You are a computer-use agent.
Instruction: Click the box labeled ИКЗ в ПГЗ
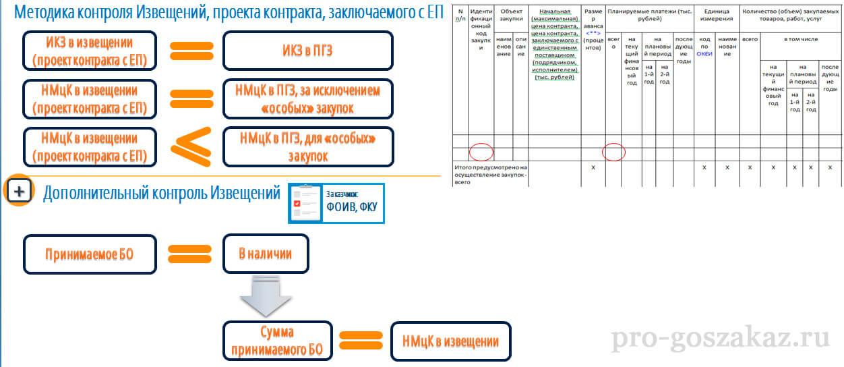tap(307, 51)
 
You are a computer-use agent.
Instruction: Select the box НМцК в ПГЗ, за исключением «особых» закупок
tap(307, 98)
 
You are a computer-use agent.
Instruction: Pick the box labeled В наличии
tap(266, 254)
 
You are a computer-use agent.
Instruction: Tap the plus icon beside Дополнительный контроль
tap(20, 192)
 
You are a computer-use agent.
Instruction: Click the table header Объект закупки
tap(510, 16)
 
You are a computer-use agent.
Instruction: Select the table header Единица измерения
tap(717, 16)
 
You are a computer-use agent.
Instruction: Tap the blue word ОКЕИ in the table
tap(704, 55)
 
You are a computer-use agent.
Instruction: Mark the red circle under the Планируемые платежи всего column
tap(613, 152)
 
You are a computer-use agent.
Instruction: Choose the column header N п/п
tap(460, 16)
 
